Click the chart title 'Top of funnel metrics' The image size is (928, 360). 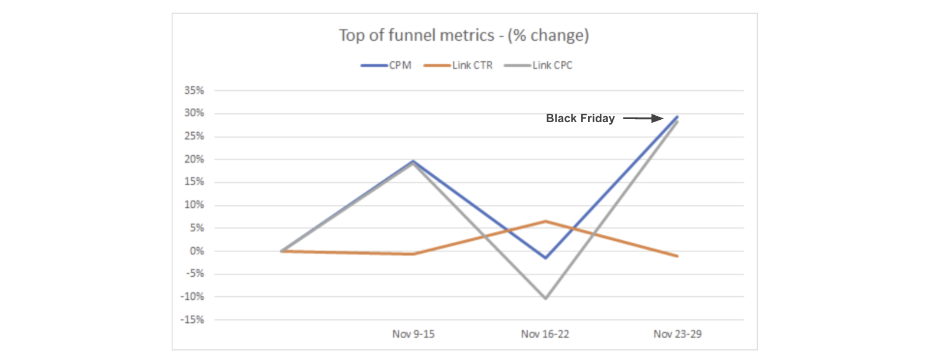(463, 35)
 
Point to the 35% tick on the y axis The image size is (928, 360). (194, 90)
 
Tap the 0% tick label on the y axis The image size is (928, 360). (197, 251)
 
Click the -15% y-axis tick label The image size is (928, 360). (192, 320)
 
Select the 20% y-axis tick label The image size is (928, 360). (194, 159)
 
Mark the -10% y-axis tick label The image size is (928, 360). (192, 297)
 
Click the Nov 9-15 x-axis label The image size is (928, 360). (413, 334)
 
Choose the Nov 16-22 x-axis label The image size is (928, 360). (545, 334)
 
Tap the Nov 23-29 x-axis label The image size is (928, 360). (677, 334)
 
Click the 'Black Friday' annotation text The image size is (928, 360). (580, 119)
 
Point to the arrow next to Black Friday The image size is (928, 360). (643, 119)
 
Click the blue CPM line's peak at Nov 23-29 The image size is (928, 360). (677, 117)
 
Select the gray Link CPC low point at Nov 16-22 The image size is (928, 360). (545, 298)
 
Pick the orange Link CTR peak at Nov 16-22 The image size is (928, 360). (545, 221)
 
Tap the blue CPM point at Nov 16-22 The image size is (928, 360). (545, 258)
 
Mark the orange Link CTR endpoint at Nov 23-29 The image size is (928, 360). (677, 256)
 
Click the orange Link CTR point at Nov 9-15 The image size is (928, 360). (413, 254)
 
